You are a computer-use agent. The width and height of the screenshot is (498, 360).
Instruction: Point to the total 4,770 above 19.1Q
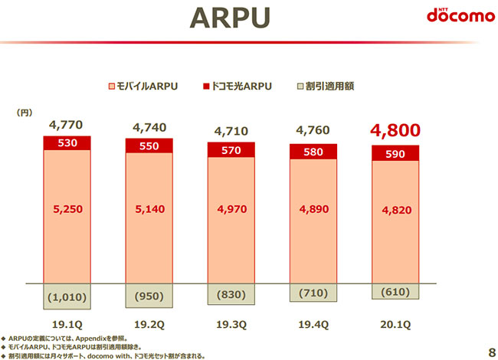click(x=65, y=124)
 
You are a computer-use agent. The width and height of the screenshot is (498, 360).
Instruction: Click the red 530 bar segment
click(x=66, y=142)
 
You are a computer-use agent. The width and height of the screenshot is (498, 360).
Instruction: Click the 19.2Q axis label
click(x=149, y=323)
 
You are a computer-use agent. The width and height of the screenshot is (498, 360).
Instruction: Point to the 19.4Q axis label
click(x=313, y=323)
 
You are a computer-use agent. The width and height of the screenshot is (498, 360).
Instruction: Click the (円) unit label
click(x=25, y=113)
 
